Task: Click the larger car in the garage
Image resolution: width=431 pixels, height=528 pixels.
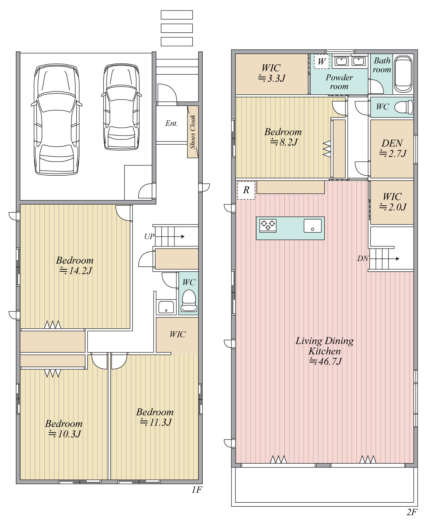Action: click(x=57, y=119)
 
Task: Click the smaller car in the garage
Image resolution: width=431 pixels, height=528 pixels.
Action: click(x=121, y=107)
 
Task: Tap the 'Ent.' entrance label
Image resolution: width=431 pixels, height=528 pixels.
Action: click(x=171, y=124)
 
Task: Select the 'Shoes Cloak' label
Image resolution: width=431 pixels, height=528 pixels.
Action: click(x=192, y=132)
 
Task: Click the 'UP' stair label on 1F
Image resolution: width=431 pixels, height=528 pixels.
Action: click(x=149, y=237)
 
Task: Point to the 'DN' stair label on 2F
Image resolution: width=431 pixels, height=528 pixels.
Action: click(x=363, y=258)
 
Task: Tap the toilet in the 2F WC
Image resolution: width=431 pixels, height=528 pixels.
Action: click(x=404, y=107)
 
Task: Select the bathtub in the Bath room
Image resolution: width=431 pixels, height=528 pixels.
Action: click(x=403, y=74)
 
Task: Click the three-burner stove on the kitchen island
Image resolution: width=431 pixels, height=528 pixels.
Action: click(x=268, y=226)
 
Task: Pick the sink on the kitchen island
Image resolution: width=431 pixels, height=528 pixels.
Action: click(x=313, y=226)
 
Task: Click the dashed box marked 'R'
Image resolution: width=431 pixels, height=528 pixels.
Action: click(x=246, y=190)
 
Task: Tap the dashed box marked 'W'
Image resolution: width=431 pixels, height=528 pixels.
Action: click(x=322, y=62)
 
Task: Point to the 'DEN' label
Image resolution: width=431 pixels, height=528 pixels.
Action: click(x=392, y=144)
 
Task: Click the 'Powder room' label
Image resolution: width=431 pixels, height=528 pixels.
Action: click(x=339, y=82)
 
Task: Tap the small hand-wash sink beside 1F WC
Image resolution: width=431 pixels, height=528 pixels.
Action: click(x=166, y=307)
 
